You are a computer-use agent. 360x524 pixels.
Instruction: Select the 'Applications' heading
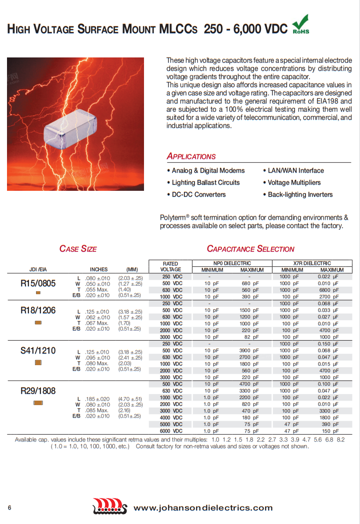click(191, 156)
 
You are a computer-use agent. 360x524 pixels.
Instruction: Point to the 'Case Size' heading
click(78, 249)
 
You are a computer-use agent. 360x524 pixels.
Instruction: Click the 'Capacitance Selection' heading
click(250, 249)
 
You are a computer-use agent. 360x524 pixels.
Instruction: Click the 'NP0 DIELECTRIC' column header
click(229, 263)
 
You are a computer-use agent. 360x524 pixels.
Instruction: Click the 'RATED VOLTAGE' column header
click(170, 266)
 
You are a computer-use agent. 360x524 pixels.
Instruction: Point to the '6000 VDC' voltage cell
click(170, 431)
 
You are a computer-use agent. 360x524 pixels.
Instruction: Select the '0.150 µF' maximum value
click(328, 344)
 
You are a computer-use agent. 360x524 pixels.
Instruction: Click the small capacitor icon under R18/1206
click(38, 323)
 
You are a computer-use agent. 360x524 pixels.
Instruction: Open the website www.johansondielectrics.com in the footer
click(203, 508)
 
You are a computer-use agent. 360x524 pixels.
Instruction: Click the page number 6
click(9, 508)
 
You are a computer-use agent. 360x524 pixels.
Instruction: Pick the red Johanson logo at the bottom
click(110, 509)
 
